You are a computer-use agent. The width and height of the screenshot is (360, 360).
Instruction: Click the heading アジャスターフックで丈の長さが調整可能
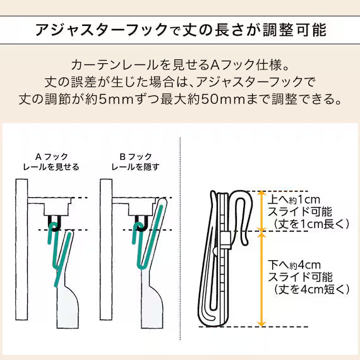click(x=181, y=30)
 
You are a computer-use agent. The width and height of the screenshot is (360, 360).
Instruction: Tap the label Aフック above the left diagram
click(x=51, y=157)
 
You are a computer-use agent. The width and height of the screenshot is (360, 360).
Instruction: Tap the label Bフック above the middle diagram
click(x=136, y=157)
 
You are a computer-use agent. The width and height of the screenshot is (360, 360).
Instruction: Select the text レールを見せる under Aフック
click(x=51, y=167)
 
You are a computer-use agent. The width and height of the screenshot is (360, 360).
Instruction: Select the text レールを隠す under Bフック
click(x=135, y=167)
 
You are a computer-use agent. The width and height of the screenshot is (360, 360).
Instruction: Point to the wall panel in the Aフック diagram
click(x=21, y=249)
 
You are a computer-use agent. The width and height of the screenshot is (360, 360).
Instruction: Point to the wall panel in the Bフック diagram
click(x=106, y=249)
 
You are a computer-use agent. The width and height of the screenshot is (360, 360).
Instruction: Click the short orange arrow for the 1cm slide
click(x=261, y=211)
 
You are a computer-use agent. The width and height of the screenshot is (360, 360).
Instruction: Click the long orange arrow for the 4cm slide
click(x=261, y=279)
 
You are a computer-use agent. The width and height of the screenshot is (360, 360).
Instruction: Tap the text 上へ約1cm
click(x=294, y=200)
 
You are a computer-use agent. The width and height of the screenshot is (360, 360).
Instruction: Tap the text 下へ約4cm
click(x=294, y=265)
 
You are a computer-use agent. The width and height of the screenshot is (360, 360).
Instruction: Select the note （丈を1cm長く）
click(x=311, y=224)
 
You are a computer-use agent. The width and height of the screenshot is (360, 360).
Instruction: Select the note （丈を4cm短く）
click(x=311, y=289)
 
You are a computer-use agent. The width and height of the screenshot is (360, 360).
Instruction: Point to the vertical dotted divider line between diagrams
click(x=180, y=238)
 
